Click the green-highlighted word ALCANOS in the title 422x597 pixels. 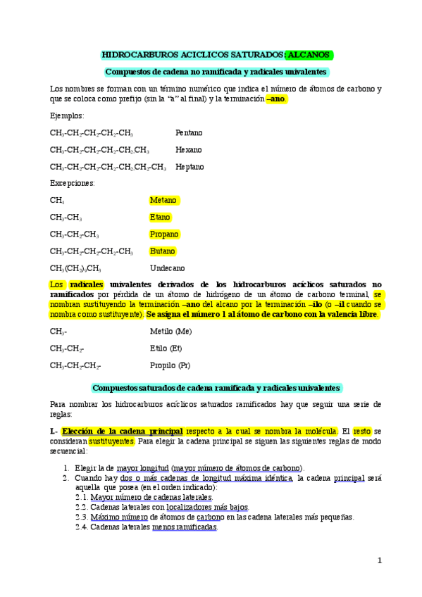point(310,55)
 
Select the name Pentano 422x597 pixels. point(189,132)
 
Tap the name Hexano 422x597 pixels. point(188,150)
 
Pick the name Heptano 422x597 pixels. point(190,167)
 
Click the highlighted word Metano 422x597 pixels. point(163,201)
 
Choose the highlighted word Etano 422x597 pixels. point(160,218)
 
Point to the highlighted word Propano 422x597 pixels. point(164,234)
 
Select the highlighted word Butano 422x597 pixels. point(163,251)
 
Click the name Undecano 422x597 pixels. point(168,268)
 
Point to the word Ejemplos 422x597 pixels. point(66,115)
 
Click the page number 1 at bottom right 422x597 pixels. point(379,560)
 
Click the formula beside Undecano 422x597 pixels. point(75,268)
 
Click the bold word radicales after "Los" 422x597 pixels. point(87,284)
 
